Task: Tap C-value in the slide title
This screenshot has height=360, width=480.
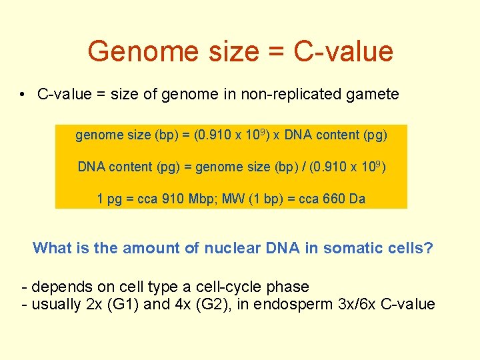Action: tap(344, 51)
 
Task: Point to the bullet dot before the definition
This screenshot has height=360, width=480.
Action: tap(23, 95)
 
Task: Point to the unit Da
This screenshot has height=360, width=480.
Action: tap(357, 199)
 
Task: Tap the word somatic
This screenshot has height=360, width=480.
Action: tap(350, 249)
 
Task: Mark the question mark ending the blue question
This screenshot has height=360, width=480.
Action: tap(429, 249)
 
